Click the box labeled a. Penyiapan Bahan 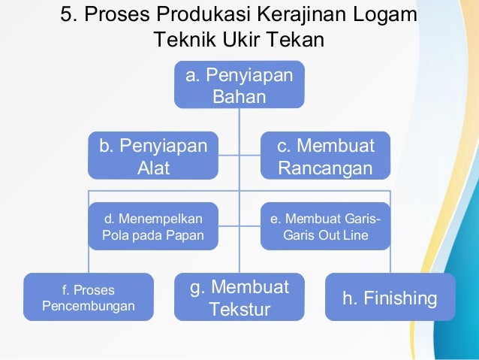pyautogui.click(x=239, y=84)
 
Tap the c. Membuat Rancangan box pyautogui.click(x=325, y=156)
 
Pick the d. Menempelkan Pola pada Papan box pyautogui.click(x=153, y=226)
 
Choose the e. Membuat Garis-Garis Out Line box pyautogui.click(x=325, y=226)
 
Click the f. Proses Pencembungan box pyautogui.click(x=89, y=298)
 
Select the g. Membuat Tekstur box pyautogui.click(x=239, y=298)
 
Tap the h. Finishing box pyautogui.click(x=390, y=298)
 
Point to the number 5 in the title pyautogui.click(x=66, y=16)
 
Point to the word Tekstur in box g pyautogui.click(x=239, y=309)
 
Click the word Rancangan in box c pyautogui.click(x=325, y=168)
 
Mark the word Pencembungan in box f pyautogui.click(x=89, y=307)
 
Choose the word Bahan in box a pyautogui.click(x=239, y=96)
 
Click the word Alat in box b pyautogui.click(x=153, y=168)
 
